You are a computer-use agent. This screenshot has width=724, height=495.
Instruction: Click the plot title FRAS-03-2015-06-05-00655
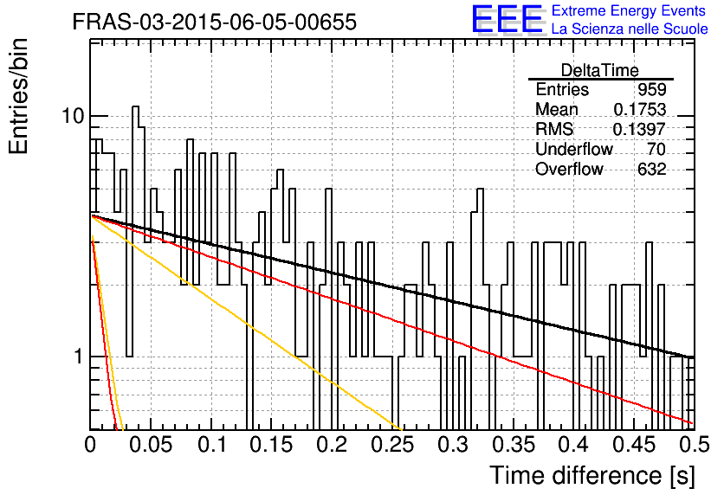point(215,22)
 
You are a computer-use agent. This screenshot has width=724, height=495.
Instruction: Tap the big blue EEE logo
point(507,19)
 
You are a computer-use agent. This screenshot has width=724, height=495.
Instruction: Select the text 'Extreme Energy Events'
point(629,10)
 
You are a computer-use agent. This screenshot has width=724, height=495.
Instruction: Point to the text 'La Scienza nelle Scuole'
point(630,29)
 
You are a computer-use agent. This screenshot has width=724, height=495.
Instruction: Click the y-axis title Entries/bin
point(19,96)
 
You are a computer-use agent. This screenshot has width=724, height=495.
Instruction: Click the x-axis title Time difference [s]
point(592,475)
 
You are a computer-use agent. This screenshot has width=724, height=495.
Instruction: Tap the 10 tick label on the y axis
point(73,116)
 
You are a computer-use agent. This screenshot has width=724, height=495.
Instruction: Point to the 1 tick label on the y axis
point(79,357)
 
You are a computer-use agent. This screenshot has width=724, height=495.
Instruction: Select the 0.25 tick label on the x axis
point(392,445)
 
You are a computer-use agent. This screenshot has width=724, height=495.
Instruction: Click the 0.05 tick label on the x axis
point(151,445)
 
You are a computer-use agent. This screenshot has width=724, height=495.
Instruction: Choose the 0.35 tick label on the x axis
point(514,445)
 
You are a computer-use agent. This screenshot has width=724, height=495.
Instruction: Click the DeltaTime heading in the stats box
point(600,70)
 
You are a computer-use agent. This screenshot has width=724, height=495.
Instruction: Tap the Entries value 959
point(652,89)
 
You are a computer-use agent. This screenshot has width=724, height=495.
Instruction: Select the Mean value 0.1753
point(639,109)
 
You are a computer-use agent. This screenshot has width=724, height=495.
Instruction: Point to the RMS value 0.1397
point(639,129)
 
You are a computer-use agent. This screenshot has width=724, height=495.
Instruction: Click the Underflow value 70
point(656,149)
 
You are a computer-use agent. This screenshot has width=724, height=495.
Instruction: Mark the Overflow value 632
point(652,169)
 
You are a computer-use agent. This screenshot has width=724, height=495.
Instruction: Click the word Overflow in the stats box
point(569,169)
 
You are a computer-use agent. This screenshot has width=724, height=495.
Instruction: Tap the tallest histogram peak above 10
point(135,106)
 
